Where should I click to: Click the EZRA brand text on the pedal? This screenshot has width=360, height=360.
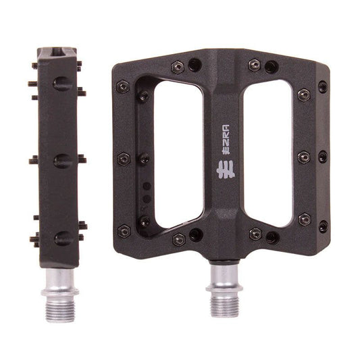pos(227,139)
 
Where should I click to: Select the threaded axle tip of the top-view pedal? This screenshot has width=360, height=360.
pos(225,305)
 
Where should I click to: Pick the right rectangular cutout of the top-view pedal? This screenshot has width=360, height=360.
pos(267,153)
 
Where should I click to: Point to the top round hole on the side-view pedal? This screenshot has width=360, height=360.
pos(62,84)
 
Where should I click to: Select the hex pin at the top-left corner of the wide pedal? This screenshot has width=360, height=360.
pos(123,86)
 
